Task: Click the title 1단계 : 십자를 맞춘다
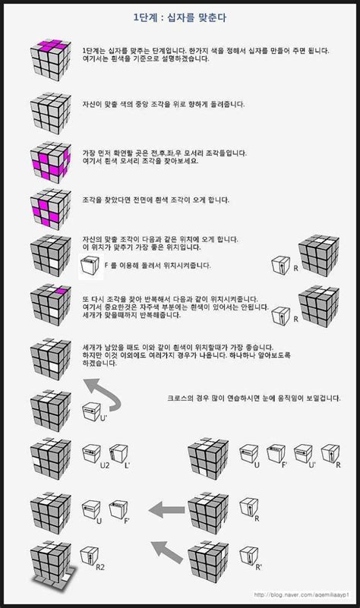(180, 15)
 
